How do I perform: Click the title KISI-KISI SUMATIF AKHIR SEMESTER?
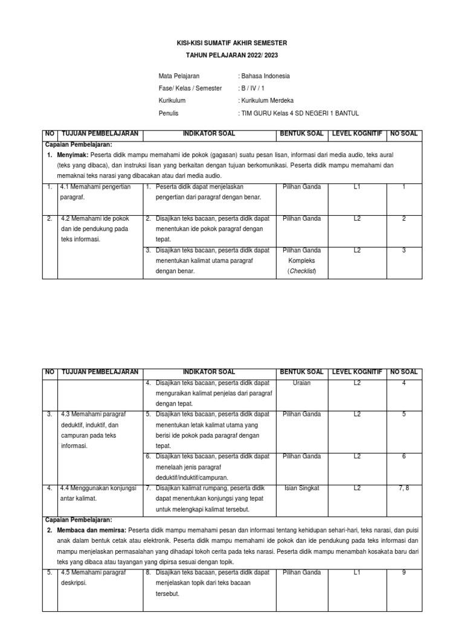[x=231, y=44]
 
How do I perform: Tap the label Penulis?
[x=169, y=113]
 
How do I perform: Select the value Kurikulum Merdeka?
[x=266, y=101]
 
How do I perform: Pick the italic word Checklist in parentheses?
[x=301, y=271]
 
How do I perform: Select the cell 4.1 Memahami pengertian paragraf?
[x=97, y=192]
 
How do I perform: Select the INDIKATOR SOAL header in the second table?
[x=209, y=372]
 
